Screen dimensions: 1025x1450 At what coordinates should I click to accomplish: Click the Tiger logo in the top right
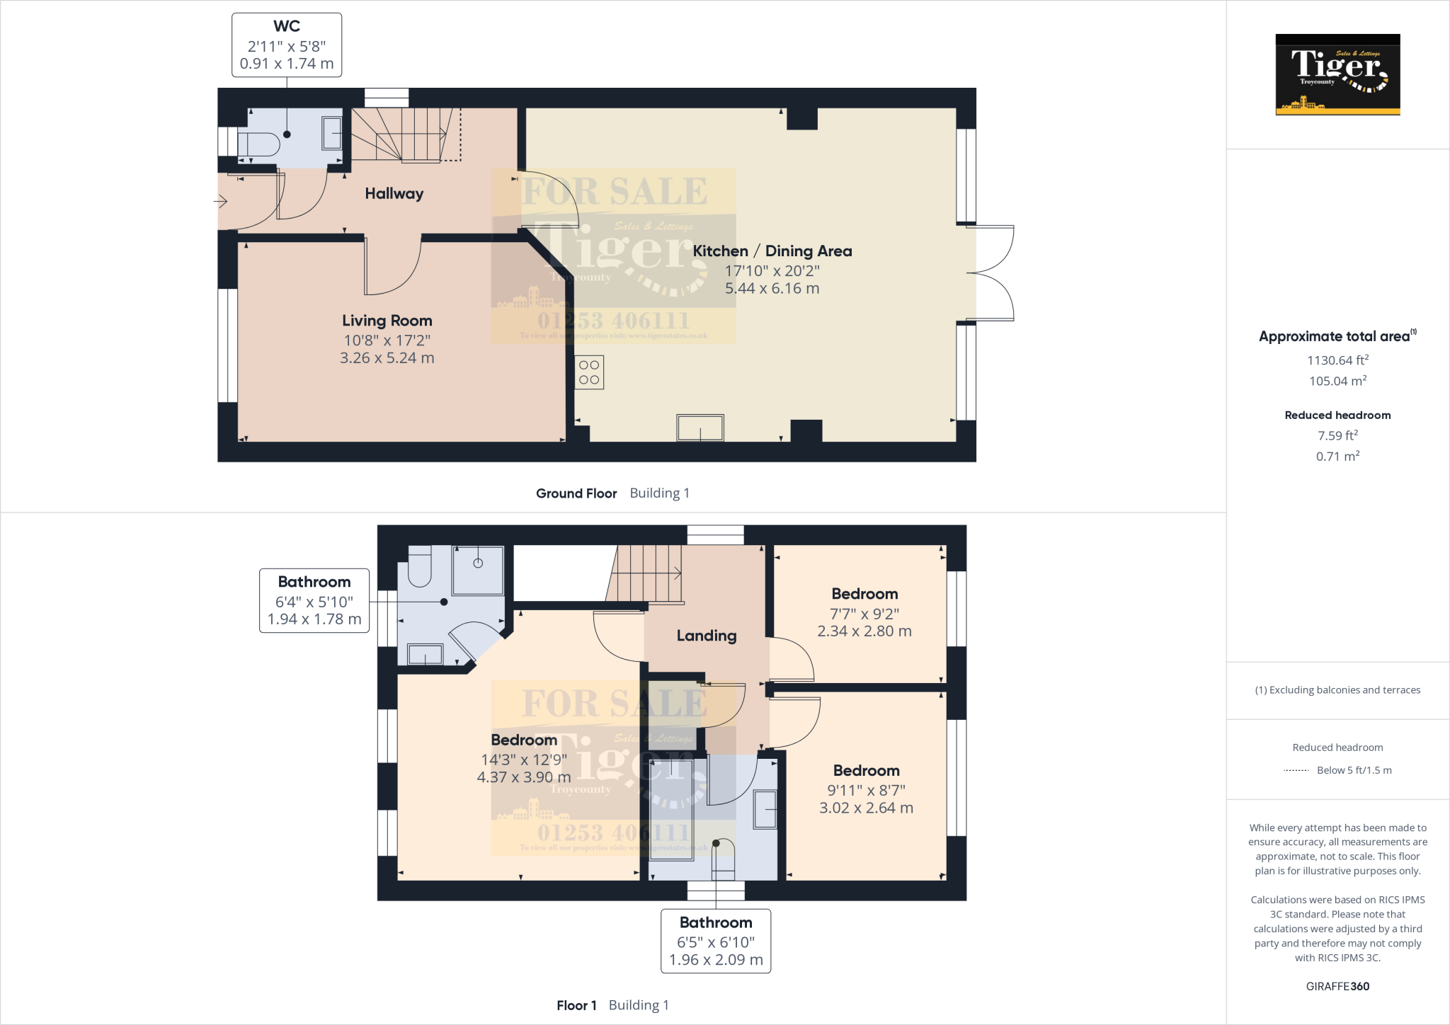tap(1337, 74)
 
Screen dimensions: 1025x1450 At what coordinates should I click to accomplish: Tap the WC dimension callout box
tap(287, 45)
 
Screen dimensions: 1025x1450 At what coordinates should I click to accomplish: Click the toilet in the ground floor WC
tap(259, 144)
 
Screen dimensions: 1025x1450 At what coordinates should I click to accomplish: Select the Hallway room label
tap(394, 193)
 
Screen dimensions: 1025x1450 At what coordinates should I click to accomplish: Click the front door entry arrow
tap(221, 202)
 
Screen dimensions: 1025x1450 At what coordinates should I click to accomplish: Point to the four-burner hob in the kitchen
tap(589, 372)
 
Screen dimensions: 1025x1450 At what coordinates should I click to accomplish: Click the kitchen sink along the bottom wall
tap(700, 428)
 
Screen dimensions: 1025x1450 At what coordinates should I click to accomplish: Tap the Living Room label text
tap(387, 321)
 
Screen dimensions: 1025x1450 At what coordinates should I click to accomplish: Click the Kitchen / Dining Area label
tap(772, 251)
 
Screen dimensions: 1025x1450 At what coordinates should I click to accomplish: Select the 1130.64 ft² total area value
tap(1337, 360)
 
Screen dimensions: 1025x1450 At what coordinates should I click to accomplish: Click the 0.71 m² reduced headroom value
tap(1337, 457)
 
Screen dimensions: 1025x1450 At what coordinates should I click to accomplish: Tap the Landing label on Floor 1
tap(706, 636)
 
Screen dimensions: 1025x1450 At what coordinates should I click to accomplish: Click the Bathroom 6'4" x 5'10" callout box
tap(314, 600)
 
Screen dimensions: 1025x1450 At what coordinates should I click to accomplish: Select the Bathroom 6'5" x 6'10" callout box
tap(716, 941)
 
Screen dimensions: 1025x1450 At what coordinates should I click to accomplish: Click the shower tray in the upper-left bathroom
tap(478, 570)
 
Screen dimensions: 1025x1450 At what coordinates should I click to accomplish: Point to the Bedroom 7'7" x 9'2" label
tap(864, 595)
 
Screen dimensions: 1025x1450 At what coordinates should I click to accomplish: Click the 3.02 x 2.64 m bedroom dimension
tap(866, 808)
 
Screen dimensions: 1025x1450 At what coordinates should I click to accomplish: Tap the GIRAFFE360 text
tap(1337, 986)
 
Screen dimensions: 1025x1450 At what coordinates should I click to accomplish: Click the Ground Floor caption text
tap(576, 493)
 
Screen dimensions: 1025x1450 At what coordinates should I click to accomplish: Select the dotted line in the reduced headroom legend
tap(1296, 770)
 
